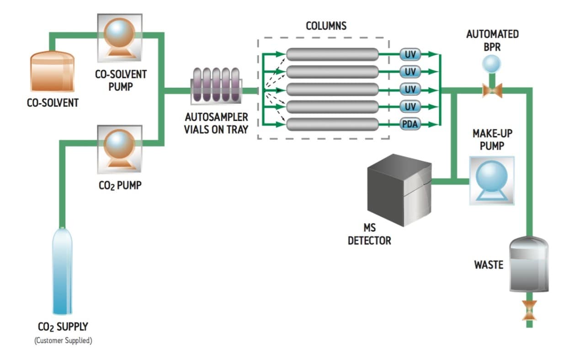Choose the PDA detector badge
410,124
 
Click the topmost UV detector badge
410,54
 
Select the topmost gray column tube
332,54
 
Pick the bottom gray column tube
332,124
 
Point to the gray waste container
529,264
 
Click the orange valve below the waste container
529,310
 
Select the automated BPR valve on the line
492,90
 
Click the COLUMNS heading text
326,26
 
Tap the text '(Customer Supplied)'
63,341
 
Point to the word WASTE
489,265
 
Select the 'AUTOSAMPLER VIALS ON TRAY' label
216,123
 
